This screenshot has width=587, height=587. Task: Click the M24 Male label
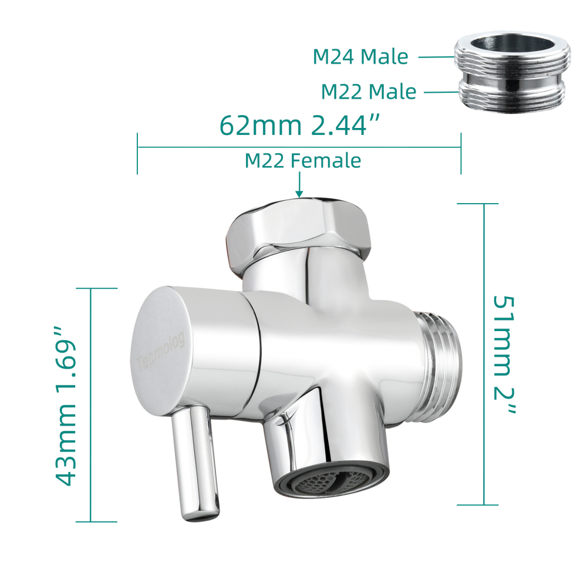[360, 57]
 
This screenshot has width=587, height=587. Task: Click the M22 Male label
[368, 92]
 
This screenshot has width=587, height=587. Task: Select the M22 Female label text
[302, 160]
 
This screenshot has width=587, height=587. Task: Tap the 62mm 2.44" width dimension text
[299, 125]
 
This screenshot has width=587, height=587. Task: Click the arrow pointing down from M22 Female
[299, 185]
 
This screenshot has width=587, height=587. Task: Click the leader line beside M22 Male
[440, 92]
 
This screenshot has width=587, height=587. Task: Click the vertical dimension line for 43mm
[92, 404]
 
